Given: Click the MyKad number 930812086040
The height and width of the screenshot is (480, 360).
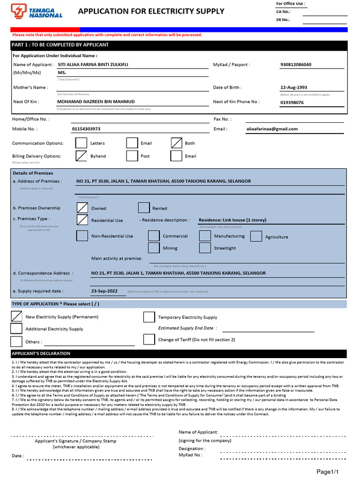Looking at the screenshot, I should (295, 65).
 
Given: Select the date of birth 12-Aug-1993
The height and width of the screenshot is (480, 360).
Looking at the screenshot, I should (293, 88).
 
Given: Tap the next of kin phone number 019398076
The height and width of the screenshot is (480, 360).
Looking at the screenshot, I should (292, 102).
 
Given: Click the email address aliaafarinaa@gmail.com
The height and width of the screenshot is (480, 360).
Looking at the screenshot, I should (272, 129).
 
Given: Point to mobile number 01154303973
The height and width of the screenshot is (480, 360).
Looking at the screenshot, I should (86, 129).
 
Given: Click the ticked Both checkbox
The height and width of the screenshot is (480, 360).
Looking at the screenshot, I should (177, 143).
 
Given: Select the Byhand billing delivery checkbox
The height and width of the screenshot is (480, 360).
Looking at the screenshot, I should (82, 156).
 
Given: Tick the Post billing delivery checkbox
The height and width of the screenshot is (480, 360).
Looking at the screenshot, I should (132, 156).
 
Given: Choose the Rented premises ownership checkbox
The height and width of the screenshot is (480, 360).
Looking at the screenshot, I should (144, 208).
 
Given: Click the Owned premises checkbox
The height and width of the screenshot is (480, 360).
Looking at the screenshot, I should (82, 208).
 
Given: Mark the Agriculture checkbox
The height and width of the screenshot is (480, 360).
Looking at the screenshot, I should (256, 236).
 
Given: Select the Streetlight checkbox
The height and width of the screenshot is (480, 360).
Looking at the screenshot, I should (205, 248).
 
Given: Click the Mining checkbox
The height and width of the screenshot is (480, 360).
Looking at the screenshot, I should (154, 248).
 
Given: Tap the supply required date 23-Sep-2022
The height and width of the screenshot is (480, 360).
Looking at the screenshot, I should (105, 291).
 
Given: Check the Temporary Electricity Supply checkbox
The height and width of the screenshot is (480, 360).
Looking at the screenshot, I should (149, 317).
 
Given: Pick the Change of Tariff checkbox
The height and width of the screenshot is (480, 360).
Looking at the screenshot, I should (149, 339).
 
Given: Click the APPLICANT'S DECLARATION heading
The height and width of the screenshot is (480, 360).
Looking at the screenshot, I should (41, 353).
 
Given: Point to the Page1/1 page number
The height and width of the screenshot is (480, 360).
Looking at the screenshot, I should (328, 471).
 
